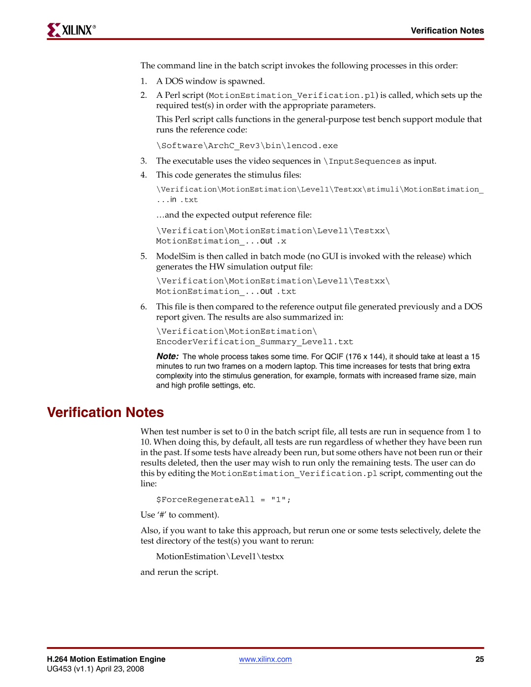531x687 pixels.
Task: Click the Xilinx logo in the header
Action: [72, 30]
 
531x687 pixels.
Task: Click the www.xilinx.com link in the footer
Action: [265, 659]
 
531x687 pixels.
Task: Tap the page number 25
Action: [479, 659]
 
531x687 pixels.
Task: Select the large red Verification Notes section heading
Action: [105, 412]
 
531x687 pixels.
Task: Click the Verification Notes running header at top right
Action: [447, 30]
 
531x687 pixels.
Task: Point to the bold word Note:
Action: [167, 357]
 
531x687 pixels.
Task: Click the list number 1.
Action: [143, 81]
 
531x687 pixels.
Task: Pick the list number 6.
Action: [143, 307]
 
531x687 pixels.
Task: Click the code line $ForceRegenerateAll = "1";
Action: [223, 500]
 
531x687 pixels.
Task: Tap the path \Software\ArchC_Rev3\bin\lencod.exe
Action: [247, 146]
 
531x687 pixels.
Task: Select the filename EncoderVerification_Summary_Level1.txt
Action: [255, 342]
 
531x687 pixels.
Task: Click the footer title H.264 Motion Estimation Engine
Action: [106, 659]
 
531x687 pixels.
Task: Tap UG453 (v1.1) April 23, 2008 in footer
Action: [95, 669]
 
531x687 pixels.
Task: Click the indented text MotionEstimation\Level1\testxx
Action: [220, 557]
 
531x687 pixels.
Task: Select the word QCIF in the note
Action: [334, 357]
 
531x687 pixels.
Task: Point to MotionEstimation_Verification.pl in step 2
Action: [292, 95]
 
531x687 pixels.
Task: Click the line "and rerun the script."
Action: [179, 572]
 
